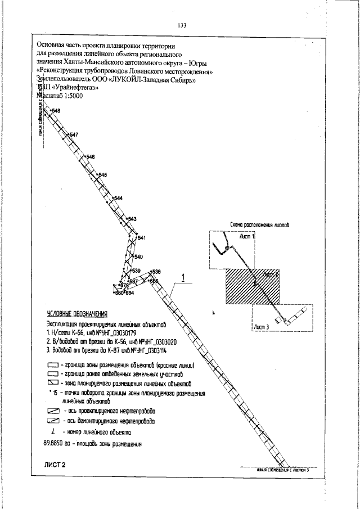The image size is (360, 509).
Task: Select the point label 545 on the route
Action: (102, 175)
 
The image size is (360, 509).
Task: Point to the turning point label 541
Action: (142, 238)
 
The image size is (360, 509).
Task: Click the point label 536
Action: (157, 272)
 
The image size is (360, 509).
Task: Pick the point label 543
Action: (133, 219)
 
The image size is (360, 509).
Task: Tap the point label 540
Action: (139, 257)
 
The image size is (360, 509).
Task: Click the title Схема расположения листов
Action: (260, 225)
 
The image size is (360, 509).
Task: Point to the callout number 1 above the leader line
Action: (183, 277)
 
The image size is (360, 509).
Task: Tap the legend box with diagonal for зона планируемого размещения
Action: (53, 382)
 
